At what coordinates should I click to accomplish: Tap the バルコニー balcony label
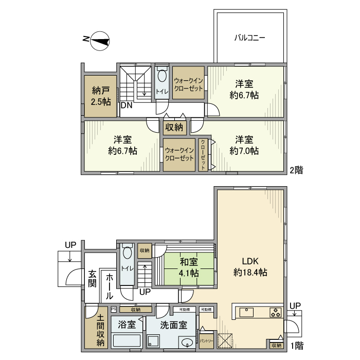[x=249, y=38]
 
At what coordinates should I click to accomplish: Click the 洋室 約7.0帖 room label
[x=244, y=145]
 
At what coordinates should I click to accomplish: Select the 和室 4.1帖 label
[x=189, y=267]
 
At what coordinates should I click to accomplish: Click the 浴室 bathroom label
[x=127, y=325]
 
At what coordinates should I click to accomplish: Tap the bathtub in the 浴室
[x=126, y=340]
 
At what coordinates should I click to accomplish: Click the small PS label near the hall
[x=113, y=310]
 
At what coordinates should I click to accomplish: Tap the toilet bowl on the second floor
[x=161, y=77]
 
